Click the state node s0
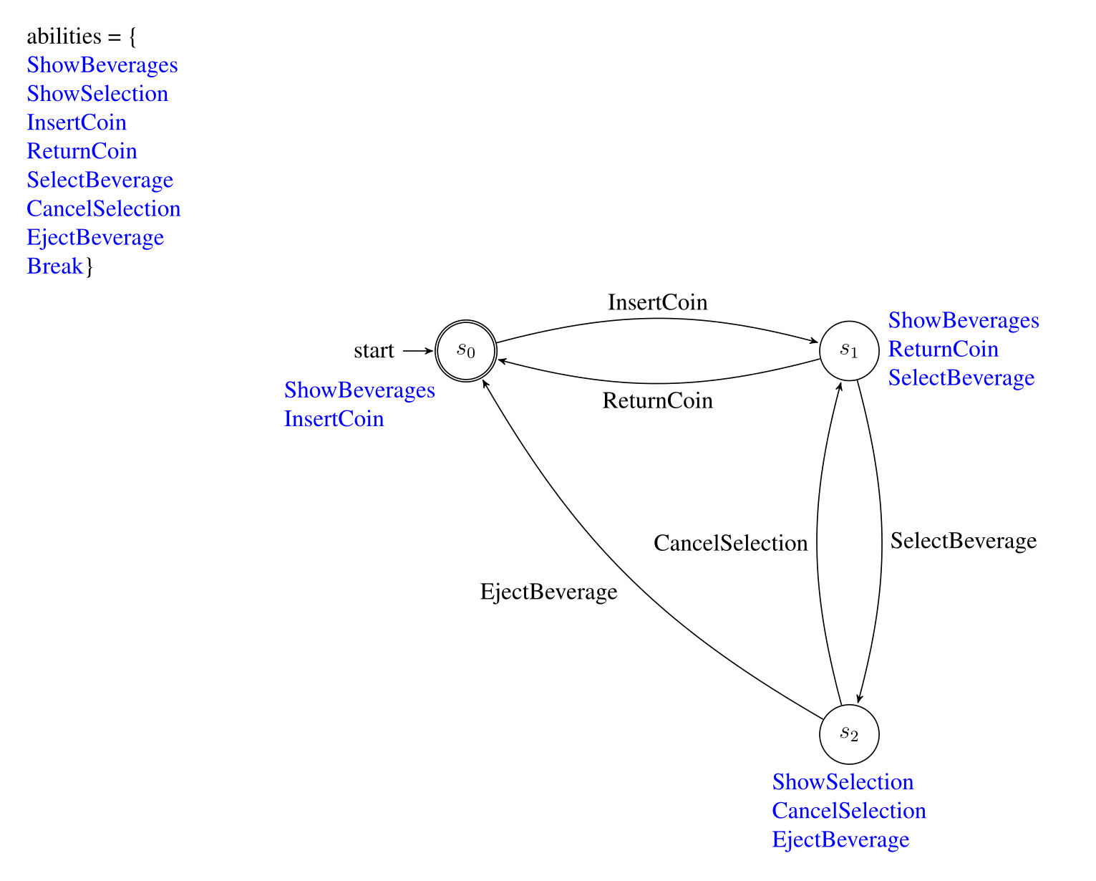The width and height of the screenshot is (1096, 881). coord(465,350)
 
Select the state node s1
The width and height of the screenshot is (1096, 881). coord(849,350)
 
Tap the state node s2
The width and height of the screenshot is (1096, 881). coord(849,734)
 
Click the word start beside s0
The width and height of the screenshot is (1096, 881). coord(374,350)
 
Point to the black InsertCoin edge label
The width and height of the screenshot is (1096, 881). coord(657,302)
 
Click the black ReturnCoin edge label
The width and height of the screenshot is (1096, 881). coord(657,400)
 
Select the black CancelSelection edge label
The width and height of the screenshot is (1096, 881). coord(730,543)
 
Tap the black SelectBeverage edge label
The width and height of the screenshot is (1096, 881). coord(963,541)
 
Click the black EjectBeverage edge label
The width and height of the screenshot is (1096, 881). coord(548,592)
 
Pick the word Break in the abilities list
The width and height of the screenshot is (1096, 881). coord(54,266)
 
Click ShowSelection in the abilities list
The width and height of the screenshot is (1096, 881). coord(97,94)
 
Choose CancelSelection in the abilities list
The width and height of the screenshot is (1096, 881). coord(103,209)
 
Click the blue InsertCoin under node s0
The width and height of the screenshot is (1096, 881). coord(334,419)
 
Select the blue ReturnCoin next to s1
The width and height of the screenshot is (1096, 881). coord(944,349)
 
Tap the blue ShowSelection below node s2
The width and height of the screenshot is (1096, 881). coord(843,781)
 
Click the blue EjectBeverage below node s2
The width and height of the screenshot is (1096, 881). coord(840,839)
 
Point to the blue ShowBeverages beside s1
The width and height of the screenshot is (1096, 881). coord(964,320)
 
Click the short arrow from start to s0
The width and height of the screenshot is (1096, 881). coord(417,350)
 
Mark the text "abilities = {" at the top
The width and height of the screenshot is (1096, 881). coord(82,37)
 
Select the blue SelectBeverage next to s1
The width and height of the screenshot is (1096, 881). coord(961,378)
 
